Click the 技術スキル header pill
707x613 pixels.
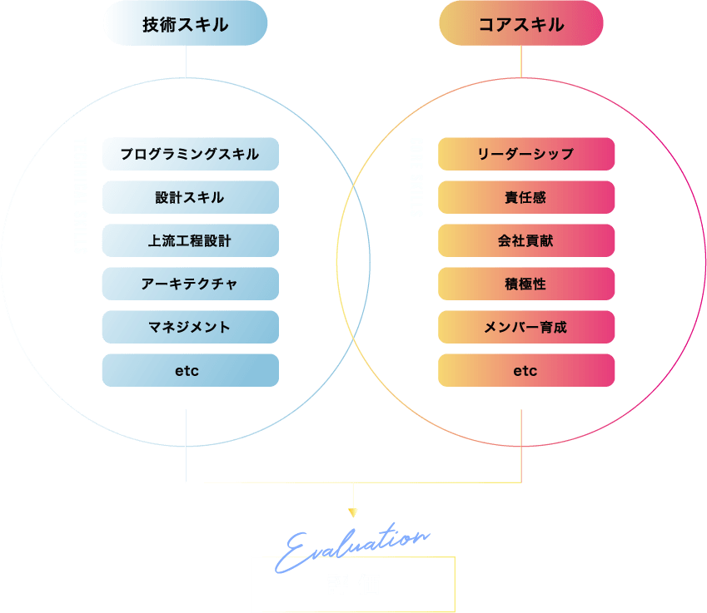(x=185, y=23)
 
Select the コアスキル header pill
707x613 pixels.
(x=521, y=23)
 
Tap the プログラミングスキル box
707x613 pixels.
(x=190, y=154)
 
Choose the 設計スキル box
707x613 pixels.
(x=190, y=197)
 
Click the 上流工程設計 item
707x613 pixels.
(x=190, y=240)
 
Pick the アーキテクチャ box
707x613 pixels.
(x=190, y=284)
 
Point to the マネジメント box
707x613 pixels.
(x=190, y=327)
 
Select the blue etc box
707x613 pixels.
(x=190, y=370)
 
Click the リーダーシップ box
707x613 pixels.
(x=526, y=154)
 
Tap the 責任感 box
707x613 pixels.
(x=526, y=197)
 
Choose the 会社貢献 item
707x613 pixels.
(x=526, y=240)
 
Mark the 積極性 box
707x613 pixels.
(x=526, y=284)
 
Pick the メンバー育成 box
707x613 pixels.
(x=526, y=327)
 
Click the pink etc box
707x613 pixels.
(x=526, y=370)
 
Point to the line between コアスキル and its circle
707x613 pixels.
(x=521, y=62)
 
